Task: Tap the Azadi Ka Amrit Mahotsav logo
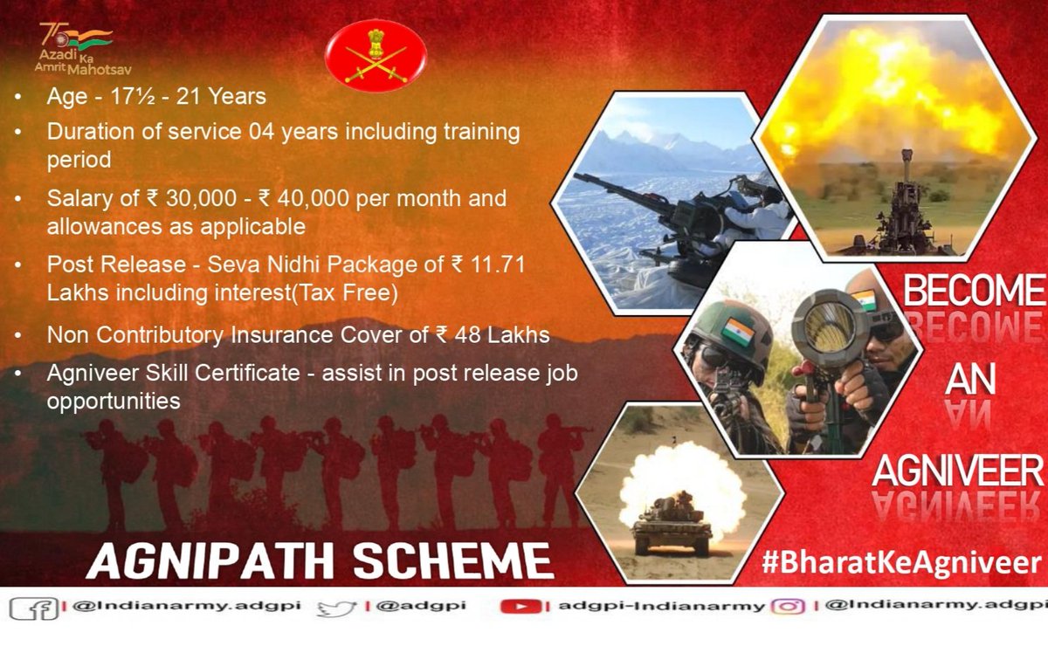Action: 76,49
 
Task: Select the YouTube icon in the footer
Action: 520,607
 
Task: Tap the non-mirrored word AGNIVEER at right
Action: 958,472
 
